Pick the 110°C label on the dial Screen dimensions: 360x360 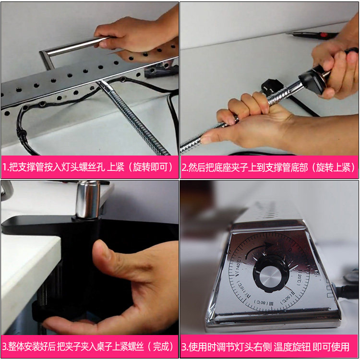(x=243, y=290)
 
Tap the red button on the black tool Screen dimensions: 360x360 (x=324, y=35)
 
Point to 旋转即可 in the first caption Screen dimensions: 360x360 (x=151, y=167)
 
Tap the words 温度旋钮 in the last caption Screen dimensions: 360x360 (x=292, y=347)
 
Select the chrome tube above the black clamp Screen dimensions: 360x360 (x=88, y=199)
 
